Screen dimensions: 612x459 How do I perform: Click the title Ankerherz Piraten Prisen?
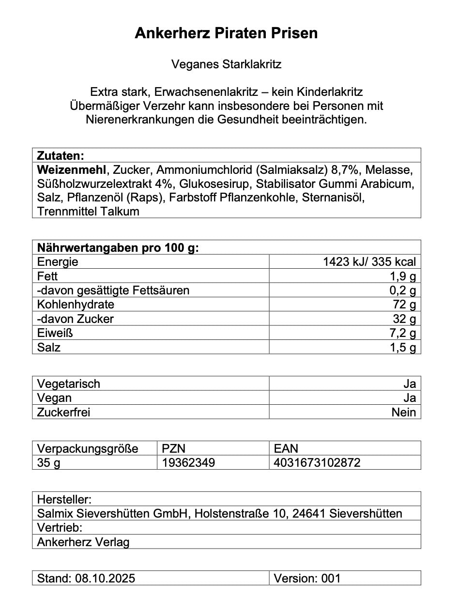(226, 33)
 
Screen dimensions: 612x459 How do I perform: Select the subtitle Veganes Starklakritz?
(226, 64)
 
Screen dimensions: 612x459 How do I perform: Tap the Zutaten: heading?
(61, 156)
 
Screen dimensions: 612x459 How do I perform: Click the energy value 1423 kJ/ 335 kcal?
(369, 262)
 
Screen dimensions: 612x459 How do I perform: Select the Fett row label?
(47, 276)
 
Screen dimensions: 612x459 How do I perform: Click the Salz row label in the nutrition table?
(49, 347)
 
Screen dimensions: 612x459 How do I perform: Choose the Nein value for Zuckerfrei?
(404, 412)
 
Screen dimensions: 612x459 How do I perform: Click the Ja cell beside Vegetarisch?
(410, 384)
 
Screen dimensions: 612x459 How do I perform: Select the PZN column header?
(174, 448)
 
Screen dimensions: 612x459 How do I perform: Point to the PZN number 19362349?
(188, 463)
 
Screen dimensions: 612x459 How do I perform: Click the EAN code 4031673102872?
(317, 463)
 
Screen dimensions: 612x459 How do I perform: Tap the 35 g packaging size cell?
(49, 463)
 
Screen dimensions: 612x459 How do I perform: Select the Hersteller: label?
(64, 499)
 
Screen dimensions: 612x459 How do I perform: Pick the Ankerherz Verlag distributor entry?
(83, 542)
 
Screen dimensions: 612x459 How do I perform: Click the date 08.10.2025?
(105, 578)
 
